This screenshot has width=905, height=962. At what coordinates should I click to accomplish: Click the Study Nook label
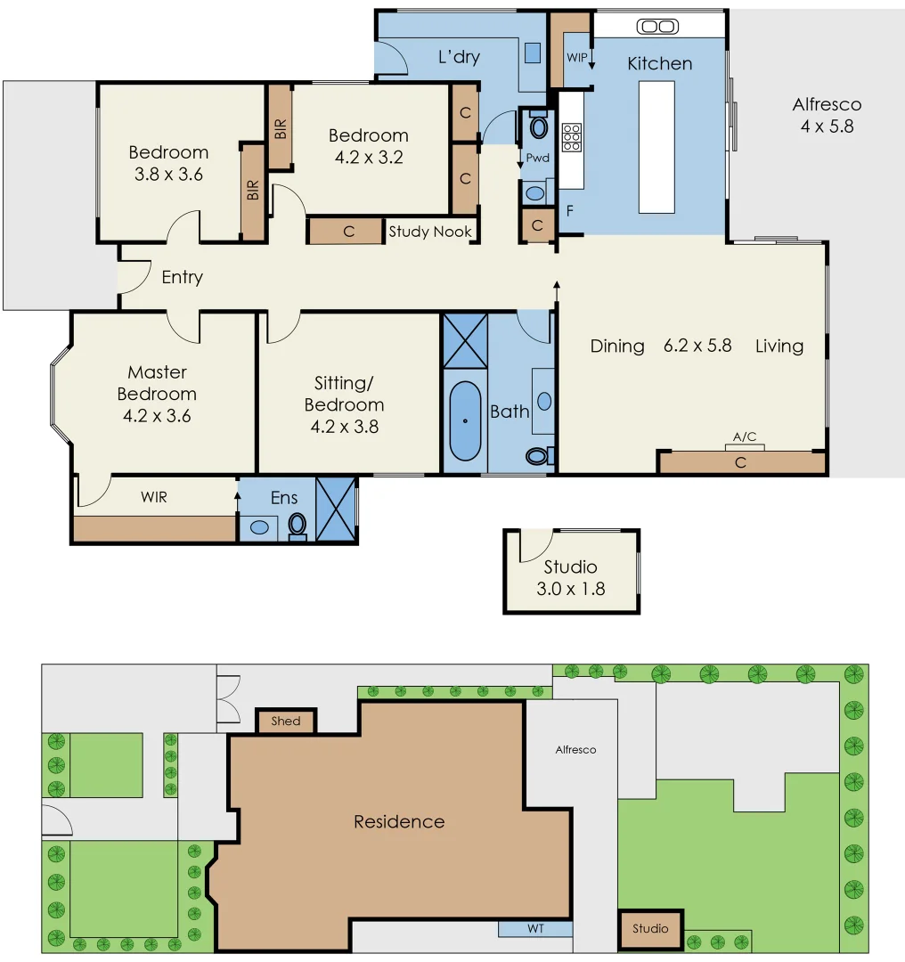click(430, 232)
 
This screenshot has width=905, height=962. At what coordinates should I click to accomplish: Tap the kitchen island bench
click(656, 147)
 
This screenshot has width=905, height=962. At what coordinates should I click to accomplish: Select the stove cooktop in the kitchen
click(571, 137)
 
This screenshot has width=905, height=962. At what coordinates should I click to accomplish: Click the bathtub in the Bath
click(465, 420)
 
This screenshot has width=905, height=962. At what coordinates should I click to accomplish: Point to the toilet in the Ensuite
click(298, 525)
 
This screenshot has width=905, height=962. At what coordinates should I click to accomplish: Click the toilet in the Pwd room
click(538, 126)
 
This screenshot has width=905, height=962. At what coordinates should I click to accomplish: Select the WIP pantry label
click(577, 57)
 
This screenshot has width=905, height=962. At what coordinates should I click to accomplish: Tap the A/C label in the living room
click(744, 436)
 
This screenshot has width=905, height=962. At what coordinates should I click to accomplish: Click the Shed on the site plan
click(286, 721)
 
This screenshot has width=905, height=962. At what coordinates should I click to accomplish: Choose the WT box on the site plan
click(535, 929)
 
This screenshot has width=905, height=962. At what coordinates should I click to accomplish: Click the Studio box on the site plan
click(650, 929)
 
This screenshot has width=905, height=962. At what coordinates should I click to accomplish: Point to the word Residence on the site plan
click(399, 821)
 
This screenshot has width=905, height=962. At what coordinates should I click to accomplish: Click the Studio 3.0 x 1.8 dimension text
click(571, 589)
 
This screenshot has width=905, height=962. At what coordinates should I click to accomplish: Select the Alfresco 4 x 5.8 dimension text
click(827, 126)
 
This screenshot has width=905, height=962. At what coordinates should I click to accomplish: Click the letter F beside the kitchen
click(568, 212)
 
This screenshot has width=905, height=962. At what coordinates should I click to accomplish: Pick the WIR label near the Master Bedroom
click(153, 497)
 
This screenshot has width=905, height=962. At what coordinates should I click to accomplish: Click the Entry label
click(182, 278)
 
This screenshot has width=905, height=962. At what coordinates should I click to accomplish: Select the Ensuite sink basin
click(258, 527)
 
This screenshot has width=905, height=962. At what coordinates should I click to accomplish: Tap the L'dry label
click(459, 57)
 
